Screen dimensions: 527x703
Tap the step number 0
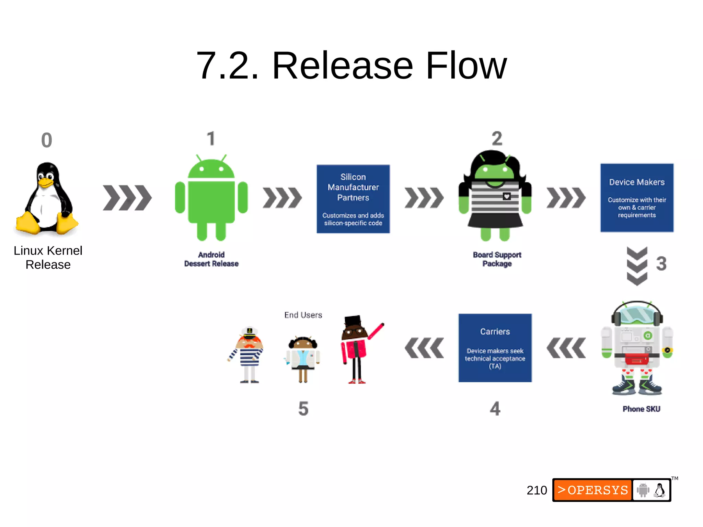47,140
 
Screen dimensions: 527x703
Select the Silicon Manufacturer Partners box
353,199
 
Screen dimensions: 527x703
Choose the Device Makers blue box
637,198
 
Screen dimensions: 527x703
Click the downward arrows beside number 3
637,266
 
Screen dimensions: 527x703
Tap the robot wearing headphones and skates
637,348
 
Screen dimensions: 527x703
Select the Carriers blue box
495,348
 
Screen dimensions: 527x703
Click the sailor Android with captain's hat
249,355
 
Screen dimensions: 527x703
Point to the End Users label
303,315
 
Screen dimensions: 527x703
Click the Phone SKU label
641,409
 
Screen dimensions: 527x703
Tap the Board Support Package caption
497,259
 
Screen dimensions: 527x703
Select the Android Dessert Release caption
211,259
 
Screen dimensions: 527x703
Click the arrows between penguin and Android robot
127,198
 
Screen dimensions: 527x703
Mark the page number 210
537,490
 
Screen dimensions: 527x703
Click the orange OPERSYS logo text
593,490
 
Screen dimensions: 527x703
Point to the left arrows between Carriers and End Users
424,348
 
